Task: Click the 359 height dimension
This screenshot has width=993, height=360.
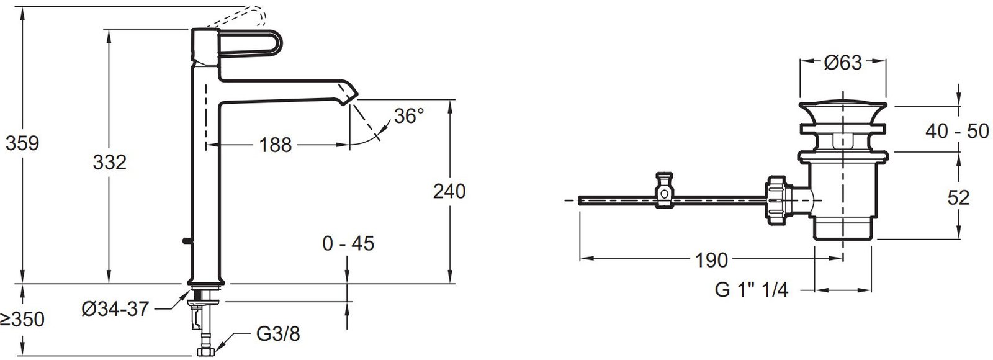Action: [x=22, y=143]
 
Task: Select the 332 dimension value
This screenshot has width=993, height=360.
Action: [x=109, y=162]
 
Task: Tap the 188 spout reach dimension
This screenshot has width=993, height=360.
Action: [x=276, y=145]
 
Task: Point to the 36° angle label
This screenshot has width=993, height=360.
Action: [x=409, y=116]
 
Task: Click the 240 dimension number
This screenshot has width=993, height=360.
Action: [x=449, y=192]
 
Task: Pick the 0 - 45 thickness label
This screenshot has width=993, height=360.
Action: [x=348, y=243]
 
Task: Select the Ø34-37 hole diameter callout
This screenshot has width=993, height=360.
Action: [x=115, y=308]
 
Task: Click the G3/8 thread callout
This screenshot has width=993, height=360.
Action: [x=278, y=334]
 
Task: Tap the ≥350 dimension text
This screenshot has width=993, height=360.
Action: [x=22, y=319]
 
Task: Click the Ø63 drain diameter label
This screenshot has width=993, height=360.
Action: [x=843, y=63]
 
